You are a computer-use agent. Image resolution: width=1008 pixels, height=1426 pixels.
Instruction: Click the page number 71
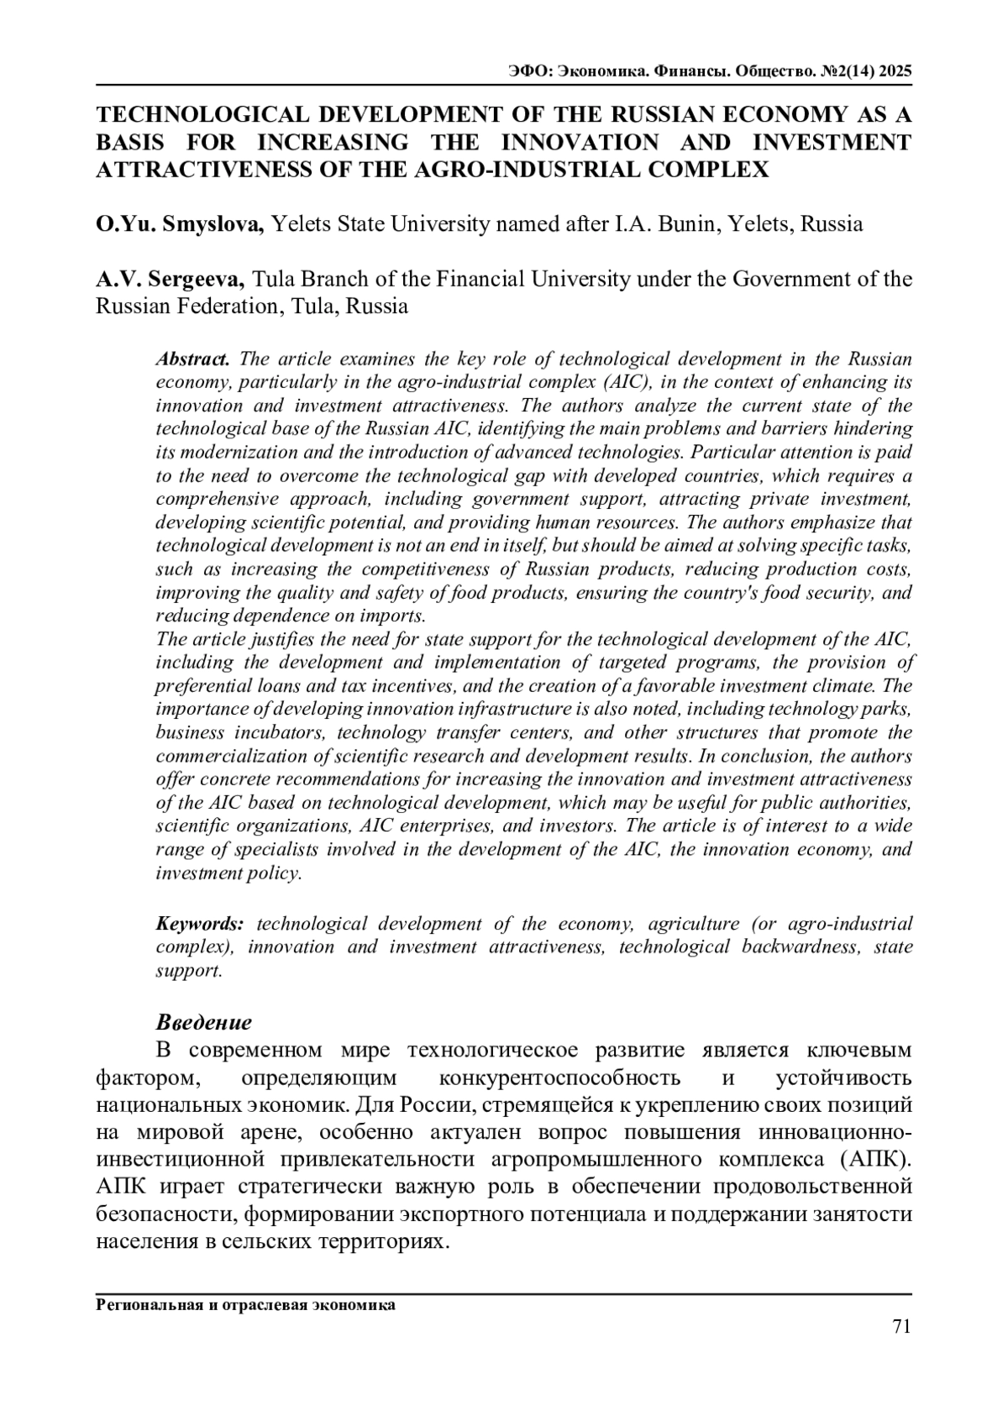[x=901, y=1326]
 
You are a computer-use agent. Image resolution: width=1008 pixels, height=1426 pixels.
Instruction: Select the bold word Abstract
[x=192, y=359]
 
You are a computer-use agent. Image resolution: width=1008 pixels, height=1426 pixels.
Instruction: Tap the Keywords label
[x=200, y=924]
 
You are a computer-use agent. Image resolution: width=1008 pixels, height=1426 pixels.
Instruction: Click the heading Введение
[x=204, y=1022]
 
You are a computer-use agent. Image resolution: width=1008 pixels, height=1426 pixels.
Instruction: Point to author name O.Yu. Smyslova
[x=181, y=224]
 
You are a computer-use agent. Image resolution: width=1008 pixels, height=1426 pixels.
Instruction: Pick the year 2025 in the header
[x=894, y=71]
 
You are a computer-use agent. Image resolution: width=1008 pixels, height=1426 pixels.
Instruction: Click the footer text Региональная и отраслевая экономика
[x=245, y=1305]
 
